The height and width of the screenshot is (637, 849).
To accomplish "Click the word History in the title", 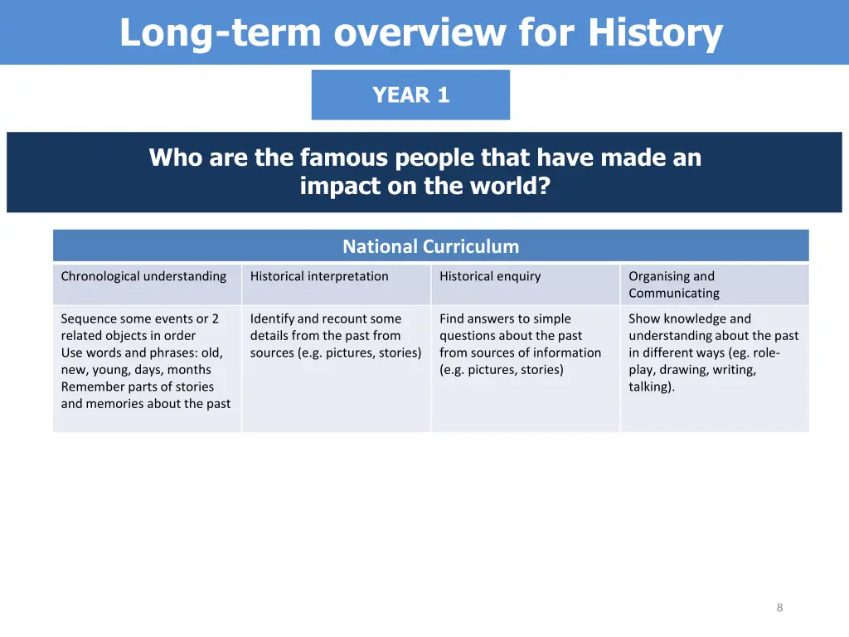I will (655, 33).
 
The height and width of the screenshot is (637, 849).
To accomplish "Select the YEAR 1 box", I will (410, 95).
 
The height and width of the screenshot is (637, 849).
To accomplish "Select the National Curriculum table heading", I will (430, 246).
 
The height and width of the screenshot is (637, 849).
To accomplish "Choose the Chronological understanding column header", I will (143, 276).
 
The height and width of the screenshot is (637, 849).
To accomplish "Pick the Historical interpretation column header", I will (319, 276).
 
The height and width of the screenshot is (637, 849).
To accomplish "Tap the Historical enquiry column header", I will (490, 276).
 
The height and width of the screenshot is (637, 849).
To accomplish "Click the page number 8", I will (779, 607).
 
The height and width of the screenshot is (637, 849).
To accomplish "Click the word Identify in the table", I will (272, 318).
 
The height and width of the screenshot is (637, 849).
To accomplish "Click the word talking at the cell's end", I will (650, 387).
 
